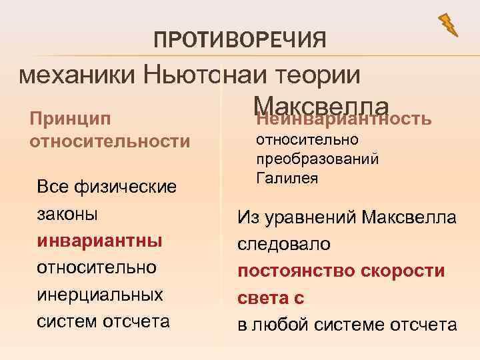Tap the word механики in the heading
coord(77,74)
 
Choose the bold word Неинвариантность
coord(344,120)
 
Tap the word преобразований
coord(317,159)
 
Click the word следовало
coord(284,244)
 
